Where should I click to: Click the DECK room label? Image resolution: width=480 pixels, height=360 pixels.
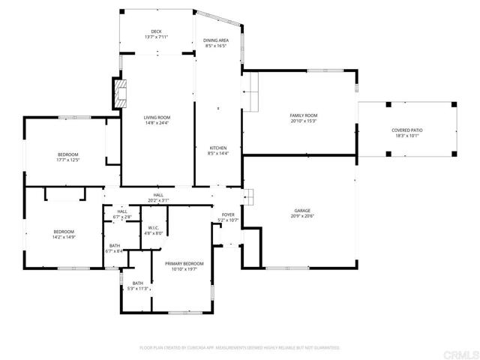[x=156, y=31]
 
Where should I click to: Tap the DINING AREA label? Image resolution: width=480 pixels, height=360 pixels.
[x=216, y=40]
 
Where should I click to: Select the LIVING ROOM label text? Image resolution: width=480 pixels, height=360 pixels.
[x=157, y=117]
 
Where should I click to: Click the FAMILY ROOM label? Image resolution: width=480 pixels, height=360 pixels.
[x=304, y=115]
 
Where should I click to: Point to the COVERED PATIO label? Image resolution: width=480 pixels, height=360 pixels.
[x=406, y=130]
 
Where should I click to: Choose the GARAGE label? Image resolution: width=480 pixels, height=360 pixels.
[x=302, y=211]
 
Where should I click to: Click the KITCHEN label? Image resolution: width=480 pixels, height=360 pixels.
[x=217, y=148]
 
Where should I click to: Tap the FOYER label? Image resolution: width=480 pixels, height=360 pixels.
[x=227, y=214]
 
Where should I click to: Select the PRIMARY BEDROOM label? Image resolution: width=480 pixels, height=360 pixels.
[x=184, y=263]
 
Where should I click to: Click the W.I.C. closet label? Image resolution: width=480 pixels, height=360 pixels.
[x=153, y=228]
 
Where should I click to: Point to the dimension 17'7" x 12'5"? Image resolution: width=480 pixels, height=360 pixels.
[x=67, y=160]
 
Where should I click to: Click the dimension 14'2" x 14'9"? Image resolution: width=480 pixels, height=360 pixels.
[x=64, y=237]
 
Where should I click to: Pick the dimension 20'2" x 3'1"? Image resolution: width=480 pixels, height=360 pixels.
[x=158, y=200]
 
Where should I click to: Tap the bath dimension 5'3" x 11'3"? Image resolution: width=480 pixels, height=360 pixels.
[x=138, y=288]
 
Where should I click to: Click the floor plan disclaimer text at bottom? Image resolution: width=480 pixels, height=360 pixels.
[x=240, y=348]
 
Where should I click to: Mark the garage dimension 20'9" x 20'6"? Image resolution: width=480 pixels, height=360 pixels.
[x=302, y=217]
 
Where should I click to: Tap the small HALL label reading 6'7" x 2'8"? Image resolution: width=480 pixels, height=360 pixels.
[x=121, y=217]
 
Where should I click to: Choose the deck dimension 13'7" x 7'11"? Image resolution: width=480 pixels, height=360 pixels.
[x=156, y=37]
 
